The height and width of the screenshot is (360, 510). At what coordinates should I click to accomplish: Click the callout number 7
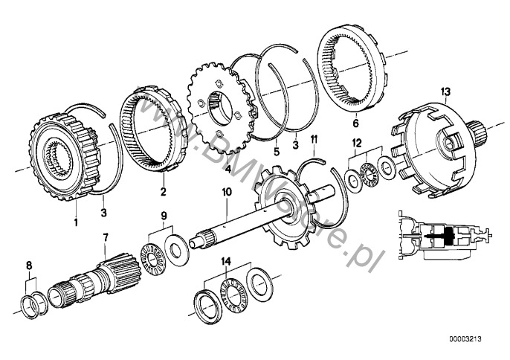pos(106,237)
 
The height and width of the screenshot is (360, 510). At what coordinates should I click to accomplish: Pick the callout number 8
pos(29,266)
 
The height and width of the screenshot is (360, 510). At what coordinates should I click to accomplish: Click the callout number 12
pos(358,141)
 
